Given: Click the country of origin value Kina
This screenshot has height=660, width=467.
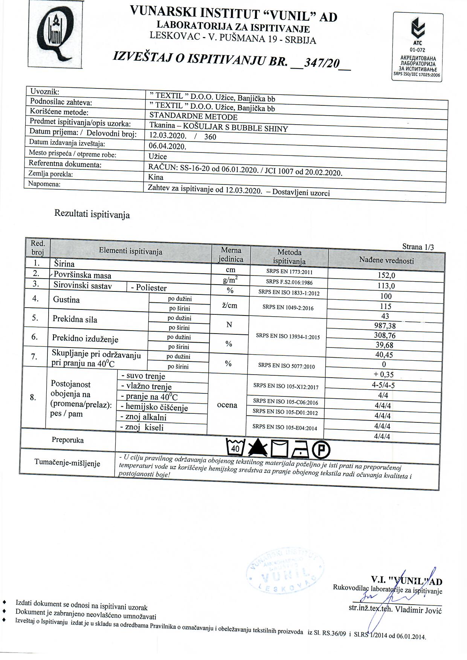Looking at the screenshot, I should pyautogui.click(x=156, y=177).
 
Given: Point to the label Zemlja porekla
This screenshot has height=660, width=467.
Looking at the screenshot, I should pyautogui.click(x=51, y=174).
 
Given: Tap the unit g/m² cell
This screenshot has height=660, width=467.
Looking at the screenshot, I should pyautogui.click(x=230, y=280).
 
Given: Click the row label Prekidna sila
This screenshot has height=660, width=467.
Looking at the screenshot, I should pyautogui.click(x=75, y=319).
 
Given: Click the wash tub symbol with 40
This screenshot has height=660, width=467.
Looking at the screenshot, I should pyautogui.click(x=235, y=447).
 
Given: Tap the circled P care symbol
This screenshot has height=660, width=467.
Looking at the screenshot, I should pyautogui.click(x=322, y=448).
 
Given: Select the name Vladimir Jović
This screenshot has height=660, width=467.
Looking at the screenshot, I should pyautogui.click(x=418, y=610).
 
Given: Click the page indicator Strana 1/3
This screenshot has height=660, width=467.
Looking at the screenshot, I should pyautogui.click(x=418, y=247).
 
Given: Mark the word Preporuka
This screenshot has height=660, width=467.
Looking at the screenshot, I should pyautogui.click(x=68, y=440).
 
